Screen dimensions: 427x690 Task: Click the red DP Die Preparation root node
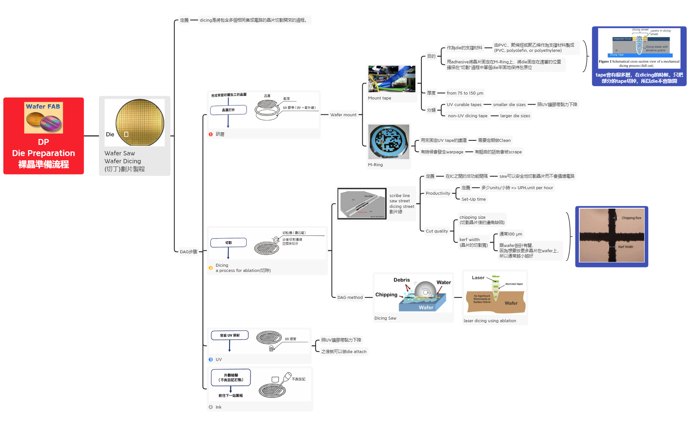click(x=43, y=136)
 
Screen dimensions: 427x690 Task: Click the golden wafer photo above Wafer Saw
click(x=140, y=122)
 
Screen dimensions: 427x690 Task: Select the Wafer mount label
click(x=343, y=115)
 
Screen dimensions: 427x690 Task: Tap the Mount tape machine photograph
click(x=392, y=79)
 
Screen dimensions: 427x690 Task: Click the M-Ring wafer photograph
click(x=389, y=142)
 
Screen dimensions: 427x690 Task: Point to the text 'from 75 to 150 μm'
click(x=465, y=93)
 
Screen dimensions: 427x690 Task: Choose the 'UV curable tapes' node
click(x=464, y=104)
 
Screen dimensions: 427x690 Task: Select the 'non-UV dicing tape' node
click(x=468, y=116)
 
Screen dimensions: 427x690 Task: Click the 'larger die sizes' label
click(x=515, y=116)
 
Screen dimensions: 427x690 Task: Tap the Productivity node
click(x=438, y=193)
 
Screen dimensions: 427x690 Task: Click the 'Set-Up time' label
click(x=473, y=199)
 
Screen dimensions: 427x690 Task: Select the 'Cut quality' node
click(x=437, y=231)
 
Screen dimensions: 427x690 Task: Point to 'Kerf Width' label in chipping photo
click(x=625, y=247)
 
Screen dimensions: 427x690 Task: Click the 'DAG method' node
click(x=350, y=297)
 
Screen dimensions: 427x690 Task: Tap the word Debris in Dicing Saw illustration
click(x=402, y=280)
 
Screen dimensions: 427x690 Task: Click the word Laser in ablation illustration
click(x=478, y=278)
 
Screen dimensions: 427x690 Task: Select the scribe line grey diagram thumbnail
click(x=362, y=204)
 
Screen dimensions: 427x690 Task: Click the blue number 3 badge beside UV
click(x=211, y=359)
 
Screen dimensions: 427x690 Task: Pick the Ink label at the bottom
click(x=218, y=407)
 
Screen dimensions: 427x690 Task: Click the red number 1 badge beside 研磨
click(x=211, y=134)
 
